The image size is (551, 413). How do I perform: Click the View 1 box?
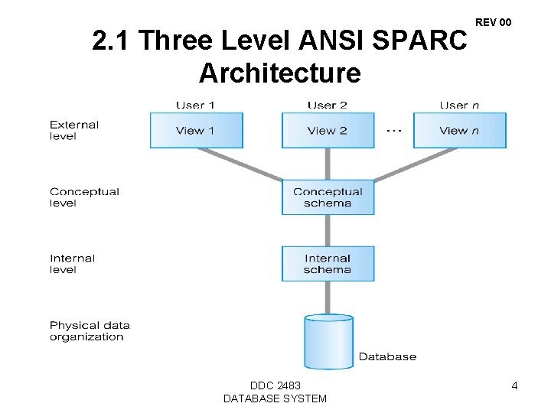[x=196, y=130]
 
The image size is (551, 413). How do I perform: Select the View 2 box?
[x=328, y=130]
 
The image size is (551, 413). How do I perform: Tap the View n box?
[x=459, y=130]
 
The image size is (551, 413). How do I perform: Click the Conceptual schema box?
[x=328, y=197]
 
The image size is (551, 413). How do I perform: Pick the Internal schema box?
[x=328, y=264]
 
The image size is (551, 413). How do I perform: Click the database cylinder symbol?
[x=328, y=340]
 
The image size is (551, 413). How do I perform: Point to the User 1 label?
[x=196, y=105]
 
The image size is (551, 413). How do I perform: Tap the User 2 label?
[x=328, y=105]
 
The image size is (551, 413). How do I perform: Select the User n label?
[x=459, y=105]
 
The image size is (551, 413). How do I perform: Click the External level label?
[x=74, y=130]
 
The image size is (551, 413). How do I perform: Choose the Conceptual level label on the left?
[x=84, y=197]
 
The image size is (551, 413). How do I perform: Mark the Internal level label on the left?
[x=72, y=264]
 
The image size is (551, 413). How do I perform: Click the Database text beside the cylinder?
[x=387, y=356]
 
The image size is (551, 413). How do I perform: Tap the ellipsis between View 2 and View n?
[x=393, y=131]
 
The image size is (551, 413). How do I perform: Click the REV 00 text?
[x=493, y=22]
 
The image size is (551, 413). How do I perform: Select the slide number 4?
[x=514, y=385]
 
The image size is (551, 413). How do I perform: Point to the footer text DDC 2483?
[x=275, y=385]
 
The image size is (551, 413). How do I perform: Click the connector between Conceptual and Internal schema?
[x=328, y=230]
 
